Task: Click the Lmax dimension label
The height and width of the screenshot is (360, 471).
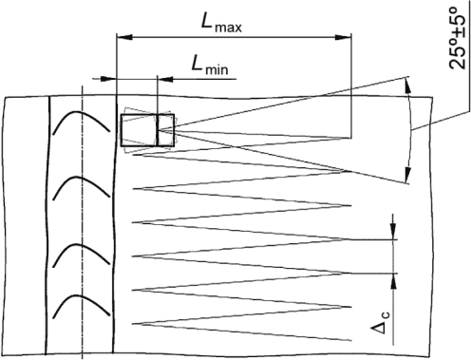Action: point(221,23)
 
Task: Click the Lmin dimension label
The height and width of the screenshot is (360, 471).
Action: point(210,66)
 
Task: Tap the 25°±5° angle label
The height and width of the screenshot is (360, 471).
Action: point(458,38)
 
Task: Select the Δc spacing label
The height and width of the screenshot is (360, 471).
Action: point(381,322)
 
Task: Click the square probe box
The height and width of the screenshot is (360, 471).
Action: point(147,130)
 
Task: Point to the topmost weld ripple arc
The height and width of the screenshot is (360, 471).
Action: point(81,122)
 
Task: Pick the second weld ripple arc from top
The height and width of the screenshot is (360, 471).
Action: point(81,187)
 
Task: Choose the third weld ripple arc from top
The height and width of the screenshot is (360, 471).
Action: point(81,255)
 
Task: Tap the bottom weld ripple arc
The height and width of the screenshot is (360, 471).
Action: point(81,306)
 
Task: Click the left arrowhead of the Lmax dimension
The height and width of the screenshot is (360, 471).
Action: point(124,37)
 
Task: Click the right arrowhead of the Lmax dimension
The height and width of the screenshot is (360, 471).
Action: point(344,37)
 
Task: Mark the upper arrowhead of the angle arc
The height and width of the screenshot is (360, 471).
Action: point(407,85)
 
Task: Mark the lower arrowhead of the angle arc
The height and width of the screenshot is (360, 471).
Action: point(408,175)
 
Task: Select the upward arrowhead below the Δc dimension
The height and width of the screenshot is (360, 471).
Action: point(393,281)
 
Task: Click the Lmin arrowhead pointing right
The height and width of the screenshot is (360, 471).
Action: point(109,79)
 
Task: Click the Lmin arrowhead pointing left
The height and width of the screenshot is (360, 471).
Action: point(165,79)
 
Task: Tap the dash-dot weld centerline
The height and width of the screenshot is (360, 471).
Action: point(82,222)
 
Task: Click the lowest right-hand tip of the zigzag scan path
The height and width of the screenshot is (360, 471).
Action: point(351,341)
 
